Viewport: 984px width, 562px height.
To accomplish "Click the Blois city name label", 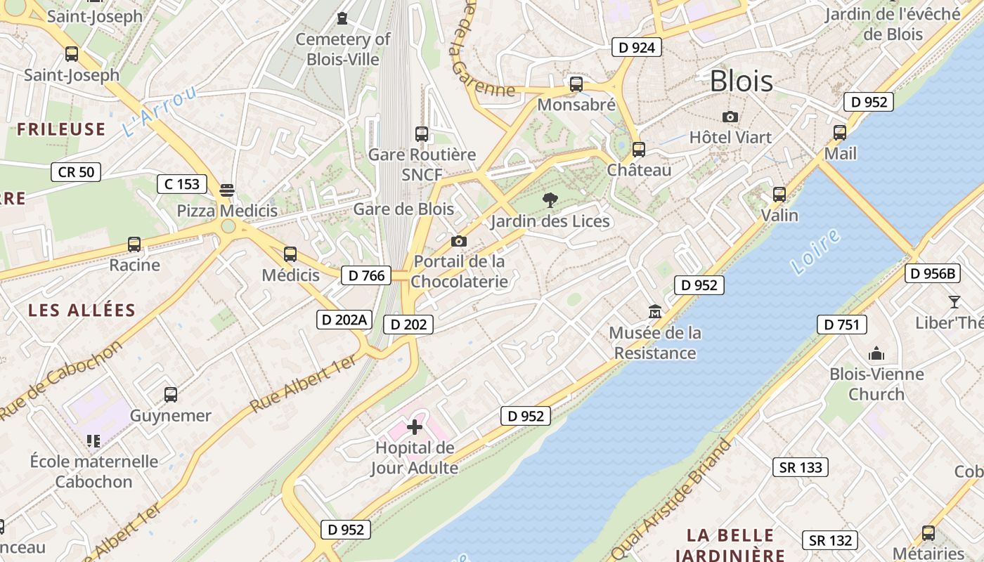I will click(741, 81).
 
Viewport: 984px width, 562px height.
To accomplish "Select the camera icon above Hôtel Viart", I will click(730, 117).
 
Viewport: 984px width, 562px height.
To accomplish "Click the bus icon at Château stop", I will click(638, 149).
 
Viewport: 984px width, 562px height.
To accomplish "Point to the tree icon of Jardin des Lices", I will click(550, 201).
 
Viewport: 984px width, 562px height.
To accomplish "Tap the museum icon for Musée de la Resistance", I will click(655, 311).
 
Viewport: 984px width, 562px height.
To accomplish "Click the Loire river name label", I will click(815, 251).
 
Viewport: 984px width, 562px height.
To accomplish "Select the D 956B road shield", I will click(933, 273).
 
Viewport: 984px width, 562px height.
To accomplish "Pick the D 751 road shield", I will click(841, 325).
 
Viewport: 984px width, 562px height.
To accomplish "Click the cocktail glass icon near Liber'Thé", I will click(954, 302).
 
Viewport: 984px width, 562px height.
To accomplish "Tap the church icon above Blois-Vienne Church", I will click(876, 353).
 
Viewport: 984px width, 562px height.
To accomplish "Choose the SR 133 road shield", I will click(801, 467).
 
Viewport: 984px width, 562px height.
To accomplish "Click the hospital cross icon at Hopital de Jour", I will click(415, 426).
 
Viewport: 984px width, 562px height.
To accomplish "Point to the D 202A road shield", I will click(344, 320).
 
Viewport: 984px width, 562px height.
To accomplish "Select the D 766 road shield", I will click(367, 275).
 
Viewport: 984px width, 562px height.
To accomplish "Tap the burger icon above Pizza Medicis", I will click(226, 190).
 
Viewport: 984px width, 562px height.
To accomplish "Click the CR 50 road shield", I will click(76, 171).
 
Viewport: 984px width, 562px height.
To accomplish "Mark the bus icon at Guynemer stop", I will click(171, 394).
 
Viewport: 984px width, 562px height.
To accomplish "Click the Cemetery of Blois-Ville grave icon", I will click(342, 18).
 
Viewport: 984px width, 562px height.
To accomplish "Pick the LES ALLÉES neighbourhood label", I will click(82, 310).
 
